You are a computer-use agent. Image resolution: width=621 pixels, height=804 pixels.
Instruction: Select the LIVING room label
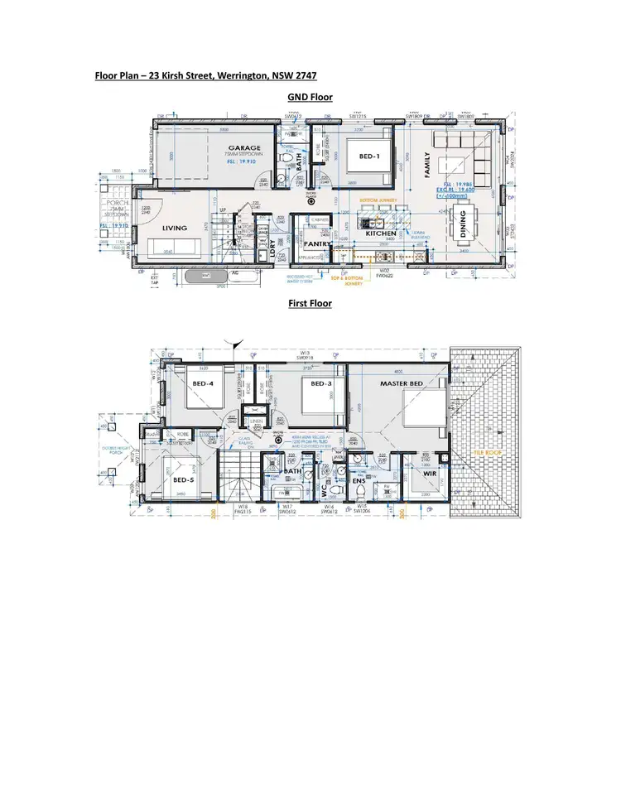174,228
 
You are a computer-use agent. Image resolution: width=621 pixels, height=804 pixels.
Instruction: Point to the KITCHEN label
382,234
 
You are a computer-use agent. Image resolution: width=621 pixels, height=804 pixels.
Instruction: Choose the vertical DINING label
463,223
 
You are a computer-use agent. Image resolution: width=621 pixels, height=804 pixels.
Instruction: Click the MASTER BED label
402,384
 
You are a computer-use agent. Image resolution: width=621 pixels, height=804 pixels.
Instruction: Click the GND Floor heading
310,98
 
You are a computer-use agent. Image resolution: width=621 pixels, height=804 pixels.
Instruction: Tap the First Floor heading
310,304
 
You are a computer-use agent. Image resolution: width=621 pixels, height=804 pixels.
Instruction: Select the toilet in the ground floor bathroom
286,156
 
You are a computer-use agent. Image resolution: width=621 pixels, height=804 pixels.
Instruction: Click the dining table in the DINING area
461,223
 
